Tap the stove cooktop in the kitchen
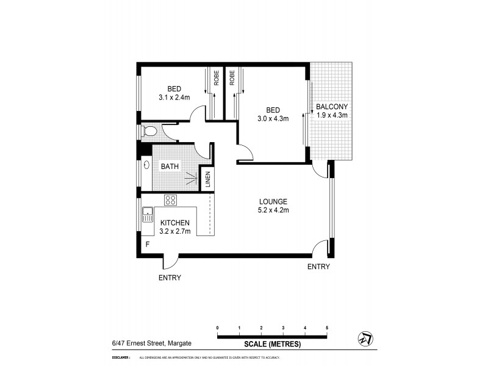tap(170, 199)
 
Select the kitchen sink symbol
tap(147, 215)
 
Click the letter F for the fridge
tap(146, 245)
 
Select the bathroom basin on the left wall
tap(146, 165)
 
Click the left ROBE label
tap(216, 78)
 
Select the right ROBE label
tap(232, 78)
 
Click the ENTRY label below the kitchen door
tap(169, 277)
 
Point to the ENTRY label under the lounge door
tap(318, 267)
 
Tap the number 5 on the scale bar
tap(327, 328)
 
